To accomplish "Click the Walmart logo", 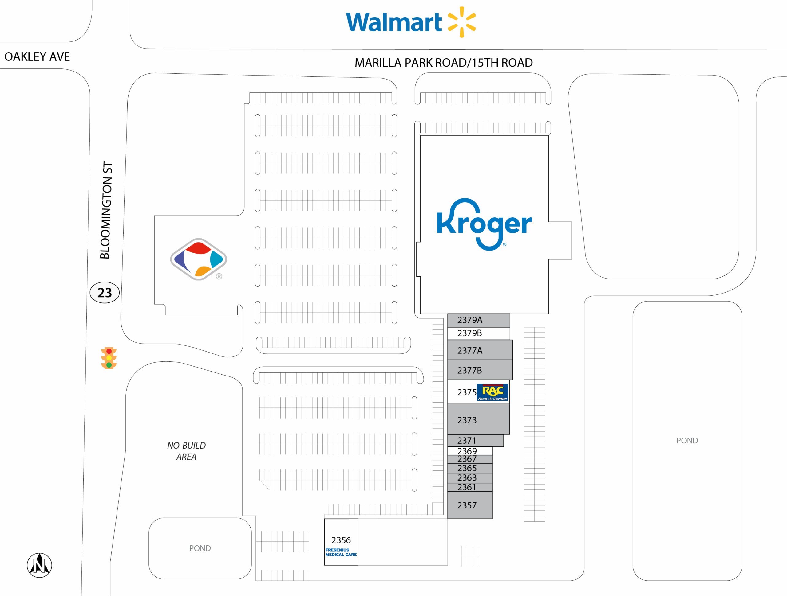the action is (411, 22).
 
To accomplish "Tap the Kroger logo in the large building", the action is (484, 224).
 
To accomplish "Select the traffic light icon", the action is (109, 358).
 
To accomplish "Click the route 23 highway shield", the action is (105, 293).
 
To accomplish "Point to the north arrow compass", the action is (39, 565).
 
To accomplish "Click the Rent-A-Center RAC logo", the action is (492, 392).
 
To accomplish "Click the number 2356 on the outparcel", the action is (341, 540).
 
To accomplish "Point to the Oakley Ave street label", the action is (37, 56).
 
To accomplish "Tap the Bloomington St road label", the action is (106, 210).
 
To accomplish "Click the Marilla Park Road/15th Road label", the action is (444, 63).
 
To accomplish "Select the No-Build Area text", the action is (186, 451).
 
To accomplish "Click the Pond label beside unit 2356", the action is (200, 548).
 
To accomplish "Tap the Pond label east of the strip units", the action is (687, 440).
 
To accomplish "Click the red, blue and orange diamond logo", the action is (199, 259).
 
